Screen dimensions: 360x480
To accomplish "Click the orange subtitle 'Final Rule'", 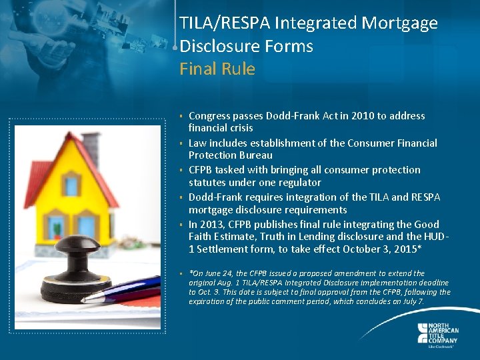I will point(217,69).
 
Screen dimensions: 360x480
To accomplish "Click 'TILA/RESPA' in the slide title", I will point(222,23).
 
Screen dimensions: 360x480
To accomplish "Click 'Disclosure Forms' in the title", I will point(246,46).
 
